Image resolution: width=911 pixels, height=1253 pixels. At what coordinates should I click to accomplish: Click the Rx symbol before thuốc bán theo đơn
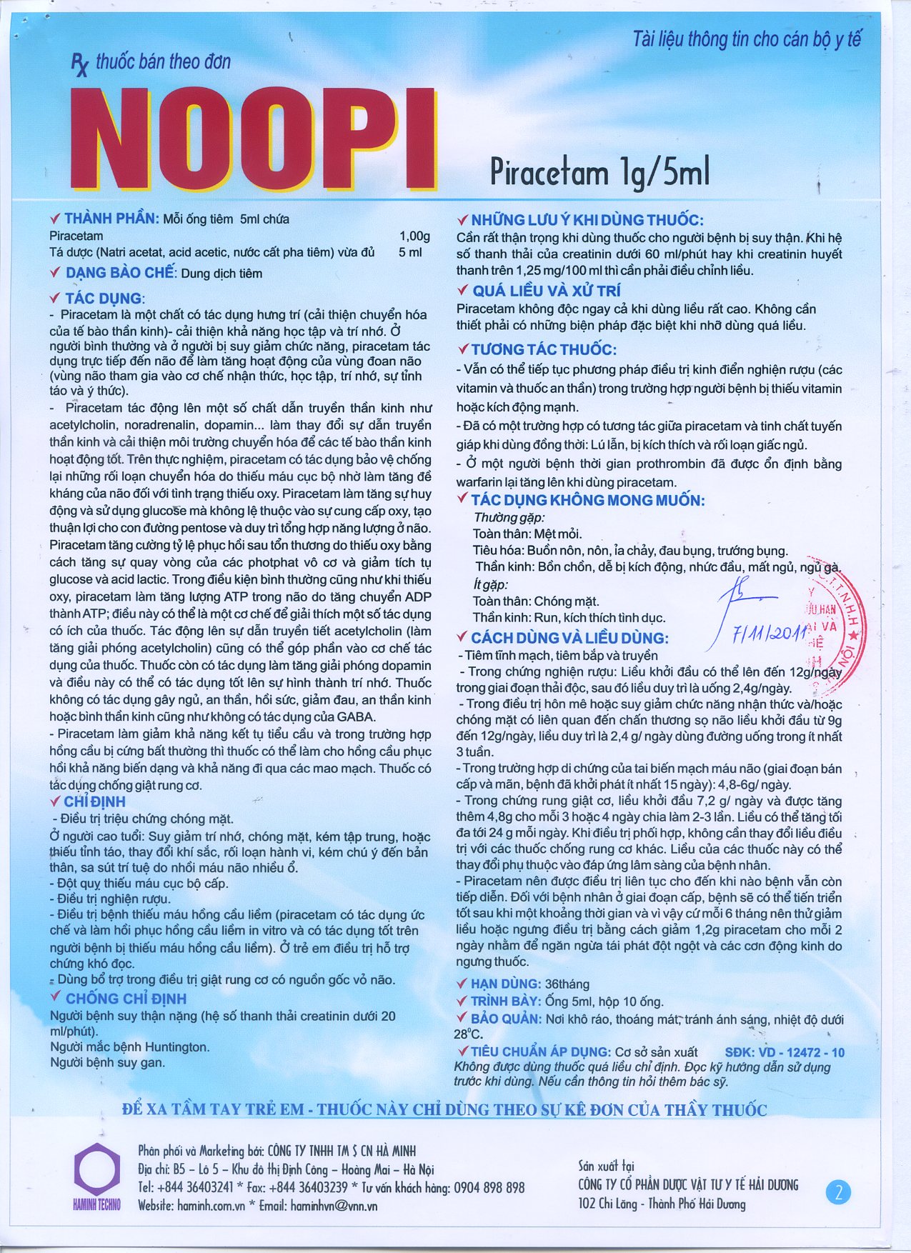(79, 66)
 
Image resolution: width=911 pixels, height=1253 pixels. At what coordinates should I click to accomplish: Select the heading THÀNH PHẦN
(111, 219)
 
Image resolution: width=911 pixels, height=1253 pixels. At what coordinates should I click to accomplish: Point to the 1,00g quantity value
(414, 236)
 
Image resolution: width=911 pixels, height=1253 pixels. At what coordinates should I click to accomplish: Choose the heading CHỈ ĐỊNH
(94, 802)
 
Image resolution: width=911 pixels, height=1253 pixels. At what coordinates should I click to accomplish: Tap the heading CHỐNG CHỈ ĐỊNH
(126, 998)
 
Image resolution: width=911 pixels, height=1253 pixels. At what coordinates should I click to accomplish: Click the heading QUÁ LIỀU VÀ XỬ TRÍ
(547, 291)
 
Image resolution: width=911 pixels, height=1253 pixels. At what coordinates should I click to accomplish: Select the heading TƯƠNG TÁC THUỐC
(544, 349)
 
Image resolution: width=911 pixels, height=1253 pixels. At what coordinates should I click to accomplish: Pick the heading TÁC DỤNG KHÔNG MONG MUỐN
(587, 500)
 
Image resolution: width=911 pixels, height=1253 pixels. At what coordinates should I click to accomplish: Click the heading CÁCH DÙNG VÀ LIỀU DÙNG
(569, 638)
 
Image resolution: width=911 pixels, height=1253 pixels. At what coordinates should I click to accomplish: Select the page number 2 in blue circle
(839, 1192)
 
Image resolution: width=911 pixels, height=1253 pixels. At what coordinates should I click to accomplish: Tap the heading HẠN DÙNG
(505, 984)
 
